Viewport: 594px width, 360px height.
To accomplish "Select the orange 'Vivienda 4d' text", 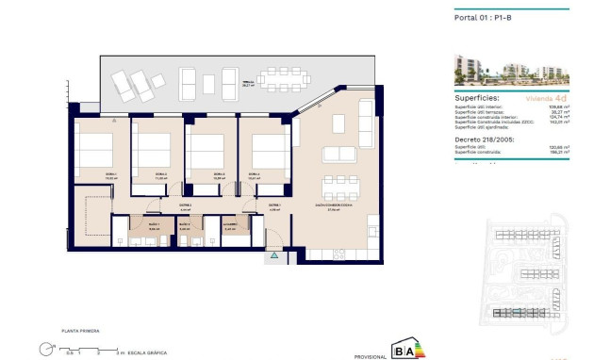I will [545, 98].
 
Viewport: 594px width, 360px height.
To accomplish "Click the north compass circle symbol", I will [45, 350].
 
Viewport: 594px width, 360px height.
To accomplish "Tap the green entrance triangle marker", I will [273, 254].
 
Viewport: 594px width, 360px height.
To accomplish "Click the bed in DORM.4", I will [270, 149].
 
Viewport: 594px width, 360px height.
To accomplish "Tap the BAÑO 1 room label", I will [155, 226].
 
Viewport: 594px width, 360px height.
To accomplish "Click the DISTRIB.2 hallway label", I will [185, 206].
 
